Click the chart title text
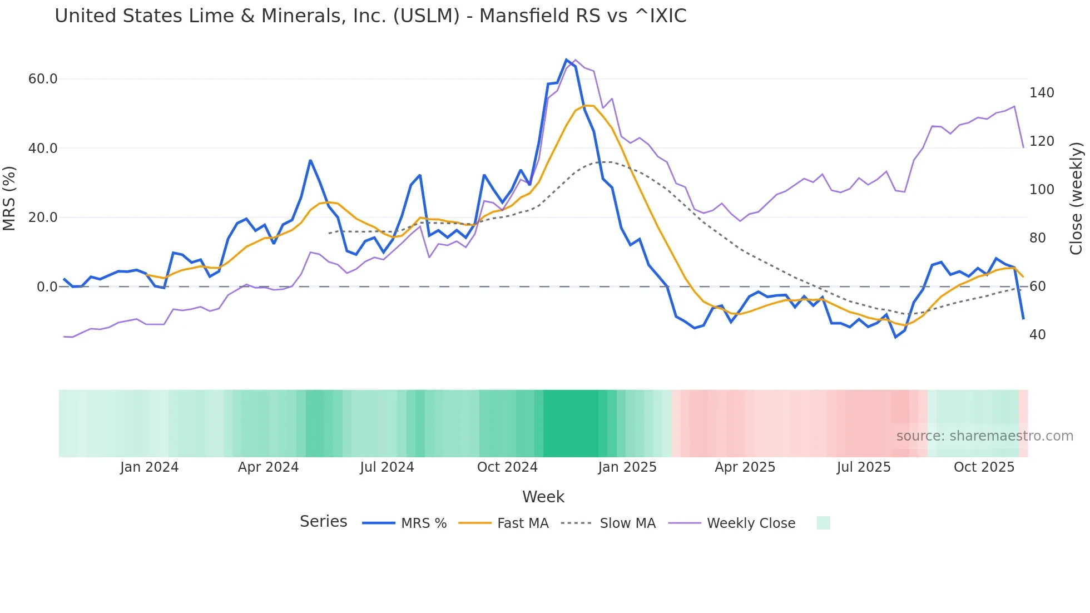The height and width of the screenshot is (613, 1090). [x=370, y=16]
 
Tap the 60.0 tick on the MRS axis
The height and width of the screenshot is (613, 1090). [x=43, y=79]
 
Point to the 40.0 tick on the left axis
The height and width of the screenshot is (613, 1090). [x=43, y=149]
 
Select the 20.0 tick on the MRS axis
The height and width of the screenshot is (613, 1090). [x=43, y=217]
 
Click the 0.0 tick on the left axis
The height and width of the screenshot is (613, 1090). [x=47, y=287]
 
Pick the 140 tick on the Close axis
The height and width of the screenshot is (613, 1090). [x=1042, y=93]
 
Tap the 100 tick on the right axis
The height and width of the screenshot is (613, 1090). [x=1042, y=190]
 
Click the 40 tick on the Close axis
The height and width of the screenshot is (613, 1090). [x=1037, y=335]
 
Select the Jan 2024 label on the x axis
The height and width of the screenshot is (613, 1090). [x=149, y=467]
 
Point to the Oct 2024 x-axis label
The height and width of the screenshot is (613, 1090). [x=507, y=467]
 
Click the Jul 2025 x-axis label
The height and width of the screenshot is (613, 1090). [x=864, y=467]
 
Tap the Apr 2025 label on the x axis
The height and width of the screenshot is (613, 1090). [x=745, y=467]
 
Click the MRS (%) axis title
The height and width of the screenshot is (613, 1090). [x=9, y=198]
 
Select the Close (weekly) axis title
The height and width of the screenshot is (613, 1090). [x=1076, y=198]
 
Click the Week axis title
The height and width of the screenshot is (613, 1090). [x=543, y=497]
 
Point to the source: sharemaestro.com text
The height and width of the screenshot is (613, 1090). [x=984, y=436]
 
